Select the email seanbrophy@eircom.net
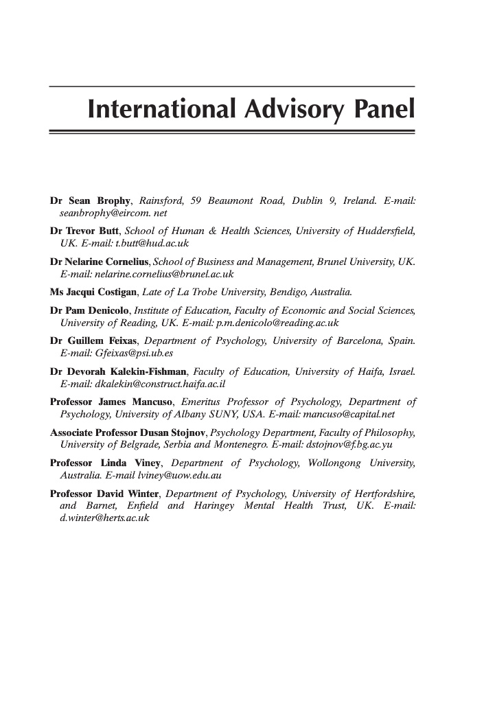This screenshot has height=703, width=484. (108, 214)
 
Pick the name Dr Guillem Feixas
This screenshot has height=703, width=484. (94, 341)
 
